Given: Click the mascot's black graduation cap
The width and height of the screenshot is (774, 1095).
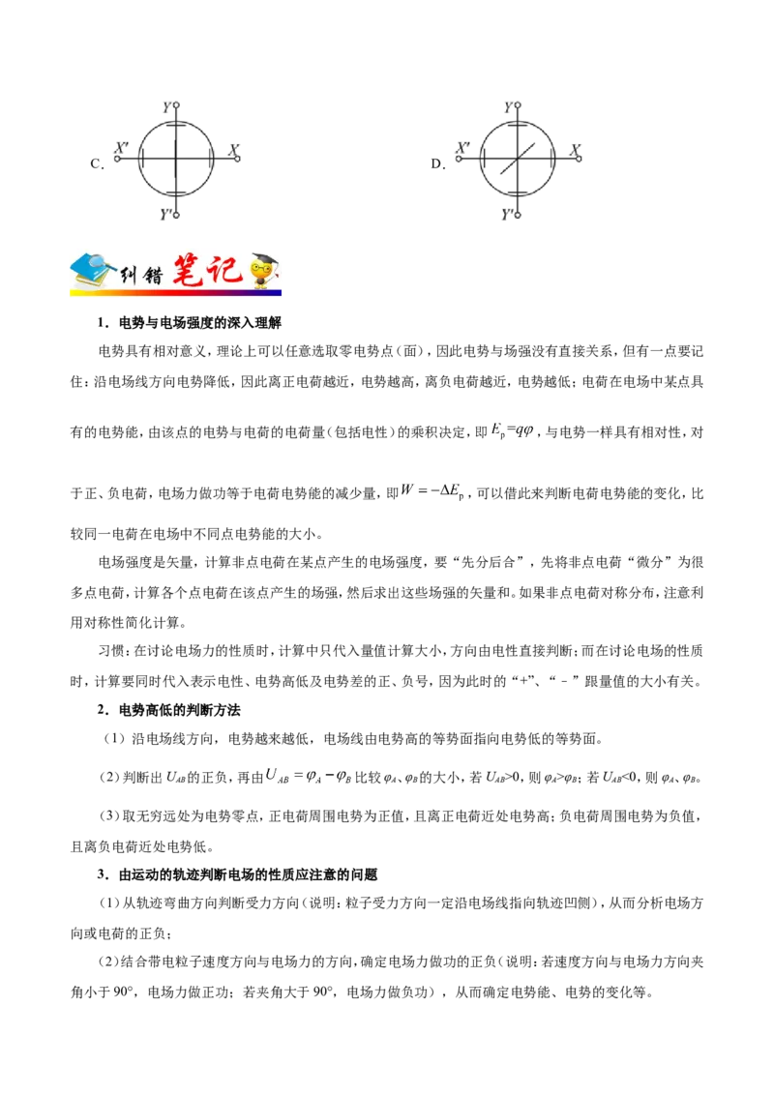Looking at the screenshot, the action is coord(261,260).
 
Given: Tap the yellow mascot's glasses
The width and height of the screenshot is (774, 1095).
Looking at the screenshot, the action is coord(259,273).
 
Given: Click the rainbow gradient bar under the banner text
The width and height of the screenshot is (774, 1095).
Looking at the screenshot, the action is coord(174,292).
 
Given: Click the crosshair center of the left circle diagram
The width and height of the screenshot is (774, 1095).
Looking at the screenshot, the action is coord(174,155).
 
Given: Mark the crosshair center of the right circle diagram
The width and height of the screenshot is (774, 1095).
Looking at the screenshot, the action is coord(516,155).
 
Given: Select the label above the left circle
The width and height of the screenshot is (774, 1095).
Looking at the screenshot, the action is coord(174,108).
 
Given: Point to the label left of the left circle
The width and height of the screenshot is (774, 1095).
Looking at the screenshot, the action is coord(118,154).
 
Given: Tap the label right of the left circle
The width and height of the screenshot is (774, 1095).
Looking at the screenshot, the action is coord(232,150).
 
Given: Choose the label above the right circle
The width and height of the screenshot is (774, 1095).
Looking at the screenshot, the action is coord(516,108).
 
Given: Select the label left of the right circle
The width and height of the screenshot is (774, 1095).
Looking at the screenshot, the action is coord(460,152).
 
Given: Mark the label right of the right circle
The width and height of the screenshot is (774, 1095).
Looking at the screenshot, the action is coord(575,150).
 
